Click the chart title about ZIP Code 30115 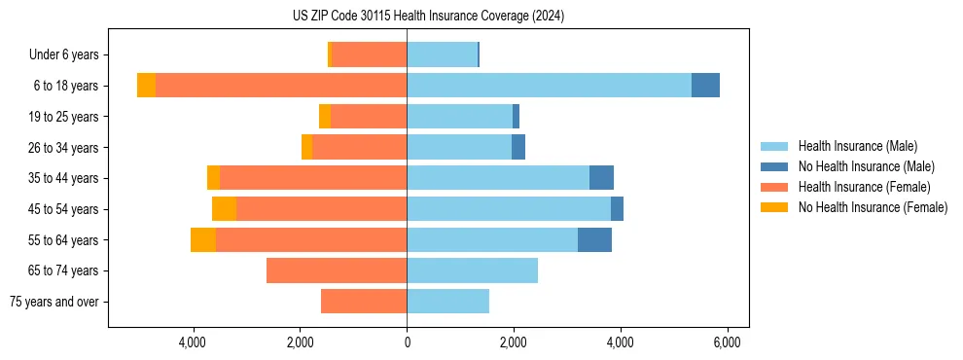point(428,17)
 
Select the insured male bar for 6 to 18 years point(549,86)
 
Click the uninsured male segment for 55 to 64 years point(594,239)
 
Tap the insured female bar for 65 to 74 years point(337,270)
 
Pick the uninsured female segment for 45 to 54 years point(224,209)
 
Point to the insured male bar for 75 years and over point(447,302)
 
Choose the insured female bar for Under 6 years point(369,54)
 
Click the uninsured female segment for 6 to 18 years point(146,86)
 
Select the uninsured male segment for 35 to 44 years point(601,178)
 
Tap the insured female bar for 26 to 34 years point(360,147)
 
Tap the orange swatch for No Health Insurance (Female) point(775,207)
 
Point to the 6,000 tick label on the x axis point(728,342)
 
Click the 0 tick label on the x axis point(407,342)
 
